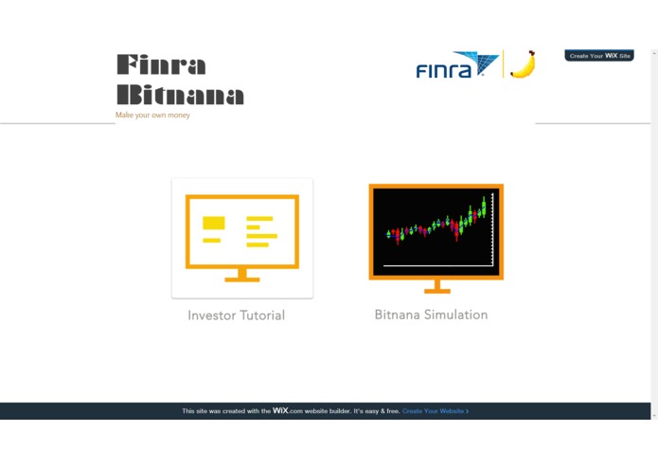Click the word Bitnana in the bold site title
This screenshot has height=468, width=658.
[x=180, y=95]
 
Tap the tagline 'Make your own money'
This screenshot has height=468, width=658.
[x=152, y=116]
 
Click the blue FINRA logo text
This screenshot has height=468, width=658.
[x=444, y=70]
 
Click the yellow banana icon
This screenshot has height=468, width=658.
[x=523, y=64]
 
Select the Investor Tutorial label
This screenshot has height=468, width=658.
[x=236, y=315]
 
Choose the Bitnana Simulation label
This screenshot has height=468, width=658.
[x=431, y=315]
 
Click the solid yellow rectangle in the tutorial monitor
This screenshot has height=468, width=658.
[x=214, y=223]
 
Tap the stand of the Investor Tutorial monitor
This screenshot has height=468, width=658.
[x=242, y=276]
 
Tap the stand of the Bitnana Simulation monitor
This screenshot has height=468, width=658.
[x=436, y=286]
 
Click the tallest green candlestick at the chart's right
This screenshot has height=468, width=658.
[x=483, y=207]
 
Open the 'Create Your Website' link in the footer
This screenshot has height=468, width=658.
[x=435, y=411]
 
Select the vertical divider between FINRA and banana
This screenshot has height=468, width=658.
[x=503, y=64]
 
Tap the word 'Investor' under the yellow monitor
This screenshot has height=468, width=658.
[x=211, y=315]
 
